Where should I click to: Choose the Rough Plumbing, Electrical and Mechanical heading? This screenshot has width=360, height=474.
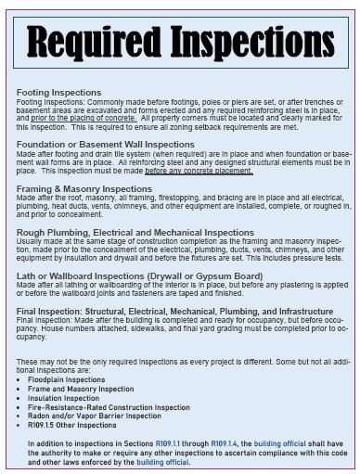pyautogui.click(x=135, y=232)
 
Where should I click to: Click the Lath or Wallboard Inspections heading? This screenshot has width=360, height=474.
pyautogui.click(x=139, y=275)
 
